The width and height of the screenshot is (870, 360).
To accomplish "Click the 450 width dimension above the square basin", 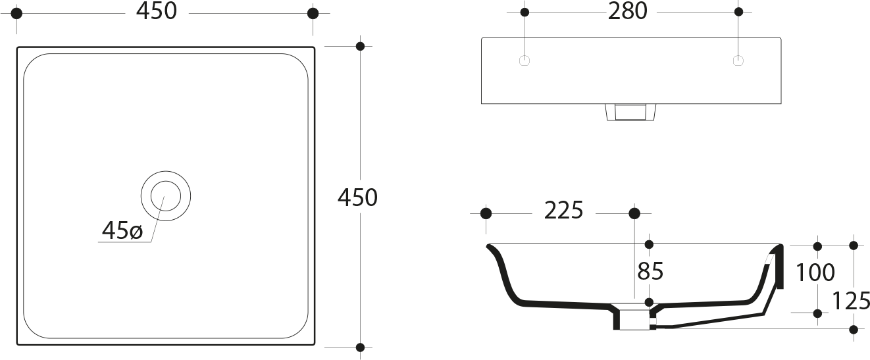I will click(158, 11).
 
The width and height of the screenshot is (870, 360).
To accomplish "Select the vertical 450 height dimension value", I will click(357, 197).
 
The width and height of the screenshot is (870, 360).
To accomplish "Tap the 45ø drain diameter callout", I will click(122, 231).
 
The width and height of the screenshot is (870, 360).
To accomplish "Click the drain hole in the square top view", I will click(166, 196).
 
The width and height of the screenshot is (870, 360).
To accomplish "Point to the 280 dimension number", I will click(628, 11).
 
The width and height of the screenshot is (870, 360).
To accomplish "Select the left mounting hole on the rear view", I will click(525, 61).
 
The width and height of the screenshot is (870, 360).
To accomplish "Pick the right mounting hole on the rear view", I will click(738, 61).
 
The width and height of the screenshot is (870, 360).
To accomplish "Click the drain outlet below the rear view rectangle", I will click(630, 113).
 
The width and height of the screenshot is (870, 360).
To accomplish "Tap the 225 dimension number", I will click(563, 211).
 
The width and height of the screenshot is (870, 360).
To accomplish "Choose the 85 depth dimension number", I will click(650, 271).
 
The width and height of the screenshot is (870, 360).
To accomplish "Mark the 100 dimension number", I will click(815, 272).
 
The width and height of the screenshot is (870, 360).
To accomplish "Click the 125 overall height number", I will click(852, 301).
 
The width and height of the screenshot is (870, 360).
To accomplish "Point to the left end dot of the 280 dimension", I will click(525, 12).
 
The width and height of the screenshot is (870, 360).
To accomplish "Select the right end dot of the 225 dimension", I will click(634, 213).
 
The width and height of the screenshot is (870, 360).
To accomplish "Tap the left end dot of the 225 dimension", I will click(486, 213).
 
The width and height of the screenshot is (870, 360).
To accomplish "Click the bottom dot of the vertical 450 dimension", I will click(360, 347).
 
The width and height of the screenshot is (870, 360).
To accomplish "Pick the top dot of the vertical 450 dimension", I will click(360, 46).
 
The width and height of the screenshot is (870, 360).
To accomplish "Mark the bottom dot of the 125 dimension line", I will click(854, 328).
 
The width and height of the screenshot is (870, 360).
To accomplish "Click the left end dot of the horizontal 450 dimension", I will click(17, 13).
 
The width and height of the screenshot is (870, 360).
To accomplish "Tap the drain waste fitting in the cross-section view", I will click(632, 317).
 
